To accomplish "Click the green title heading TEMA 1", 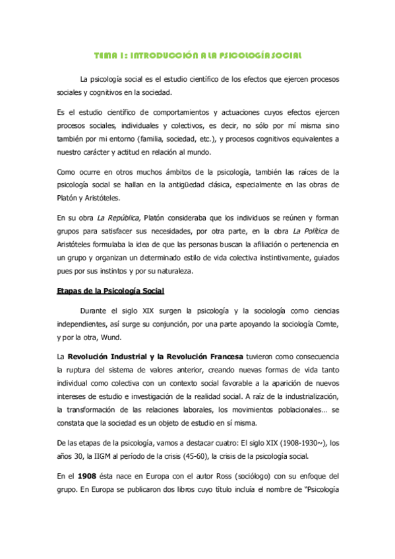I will coord(197,55).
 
